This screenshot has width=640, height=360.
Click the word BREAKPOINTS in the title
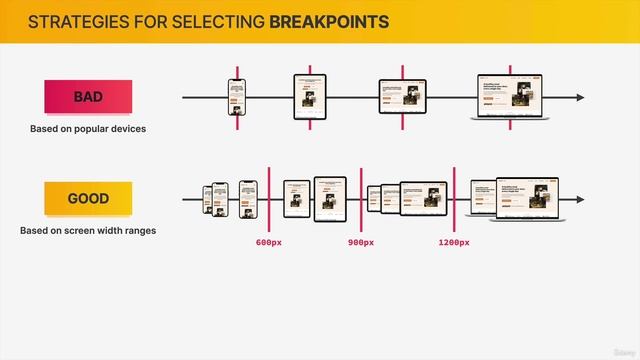(330, 21)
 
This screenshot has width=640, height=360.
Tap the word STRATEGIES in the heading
(76, 21)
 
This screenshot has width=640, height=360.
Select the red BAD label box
(88, 97)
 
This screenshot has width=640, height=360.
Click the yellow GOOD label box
(88, 199)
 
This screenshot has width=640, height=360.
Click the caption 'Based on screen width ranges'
(88, 231)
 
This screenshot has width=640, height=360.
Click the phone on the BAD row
(237, 98)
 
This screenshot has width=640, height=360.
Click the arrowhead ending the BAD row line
(580, 98)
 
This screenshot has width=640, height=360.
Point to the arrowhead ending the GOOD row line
(580, 200)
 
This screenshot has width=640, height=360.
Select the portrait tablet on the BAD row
(310, 97)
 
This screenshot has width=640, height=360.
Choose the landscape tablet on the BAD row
(403, 97)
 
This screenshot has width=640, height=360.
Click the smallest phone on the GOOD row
(209, 199)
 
